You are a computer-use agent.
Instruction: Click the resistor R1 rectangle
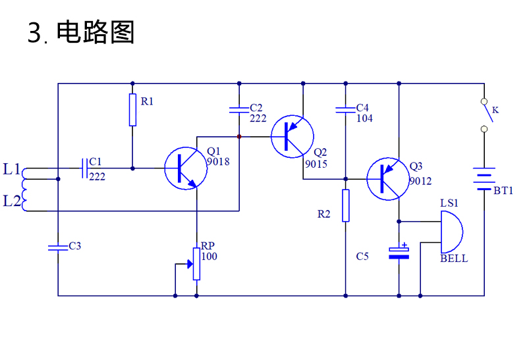(133, 110)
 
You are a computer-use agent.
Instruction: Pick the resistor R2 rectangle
(345, 205)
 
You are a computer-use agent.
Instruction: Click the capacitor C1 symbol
(85, 168)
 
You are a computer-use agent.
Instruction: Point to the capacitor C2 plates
(239, 110)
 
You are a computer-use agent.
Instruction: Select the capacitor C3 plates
(58, 248)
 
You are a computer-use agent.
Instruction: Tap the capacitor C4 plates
(345, 110)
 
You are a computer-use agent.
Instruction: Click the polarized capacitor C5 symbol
(399, 253)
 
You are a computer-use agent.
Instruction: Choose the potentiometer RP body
(196, 264)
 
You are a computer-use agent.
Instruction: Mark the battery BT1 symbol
(484, 178)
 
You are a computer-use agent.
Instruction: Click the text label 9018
(218, 162)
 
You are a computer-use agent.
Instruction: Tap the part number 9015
(316, 165)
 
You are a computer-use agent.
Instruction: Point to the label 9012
(420, 182)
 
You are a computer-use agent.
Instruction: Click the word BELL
(454, 259)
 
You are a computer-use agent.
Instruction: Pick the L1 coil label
(12, 169)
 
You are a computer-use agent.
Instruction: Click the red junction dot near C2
(239, 137)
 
